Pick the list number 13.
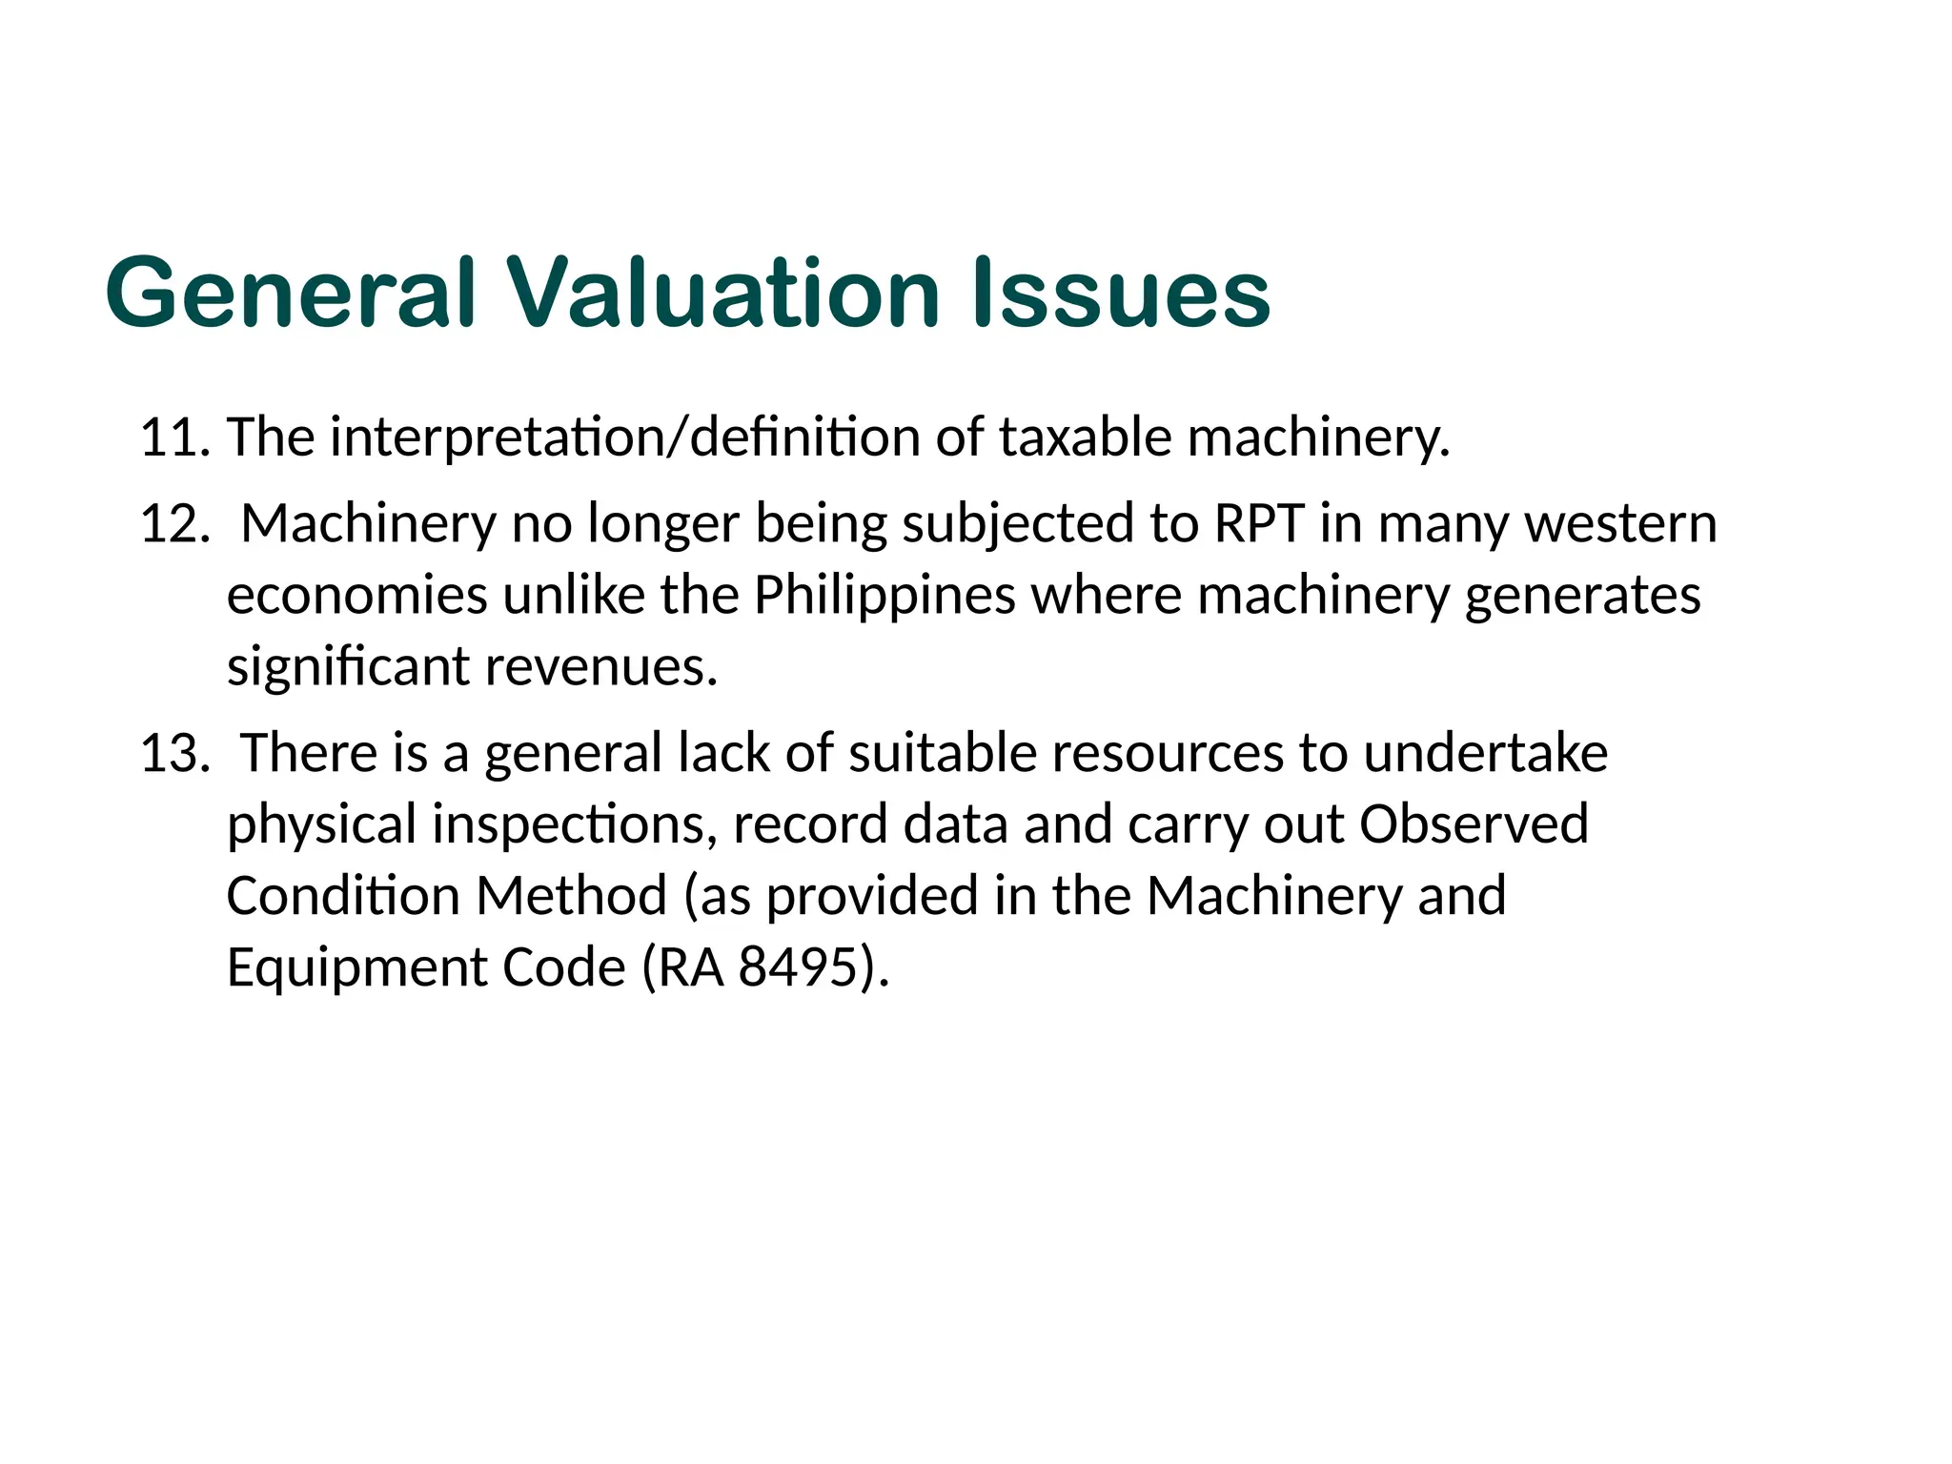click(x=174, y=753)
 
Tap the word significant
click(x=348, y=666)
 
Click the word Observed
click(x=1474, y=823)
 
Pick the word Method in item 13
click(x=571, y=896)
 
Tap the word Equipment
click(x=357, y=967)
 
